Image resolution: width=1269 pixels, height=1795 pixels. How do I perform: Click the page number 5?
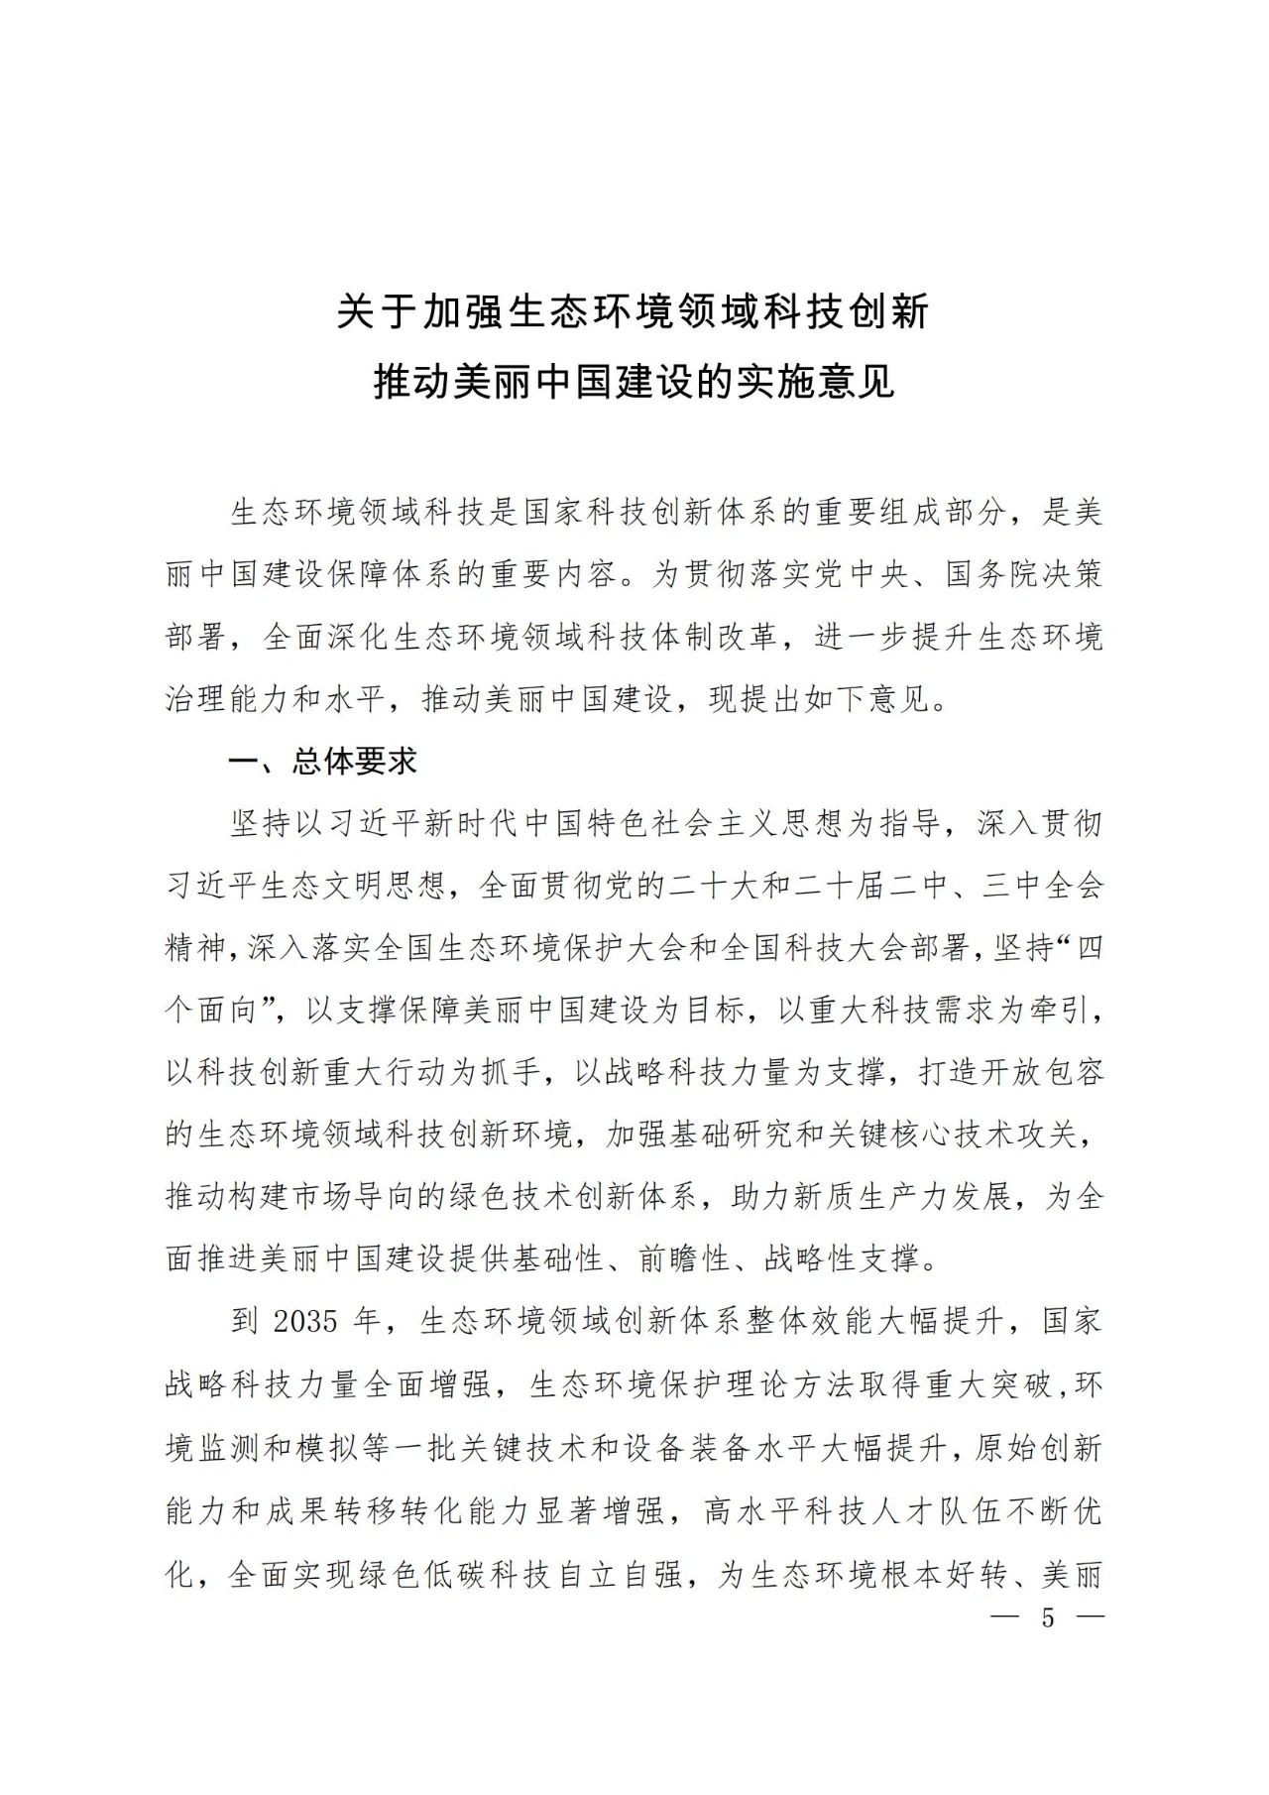[1048, 1617]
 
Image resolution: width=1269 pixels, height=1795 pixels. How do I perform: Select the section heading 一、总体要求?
[323, 761]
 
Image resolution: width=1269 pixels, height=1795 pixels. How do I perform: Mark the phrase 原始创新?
[1038, 1448]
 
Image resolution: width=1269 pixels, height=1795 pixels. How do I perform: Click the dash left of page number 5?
[1005, 1617]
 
